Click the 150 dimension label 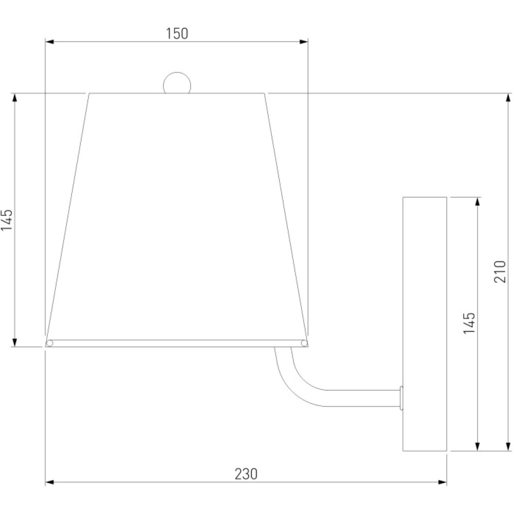coord(177,34)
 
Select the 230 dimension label coord(246,474)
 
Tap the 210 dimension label coord(500,272)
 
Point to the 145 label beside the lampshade coord(7,219)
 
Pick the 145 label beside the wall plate coord(469,323)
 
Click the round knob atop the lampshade coord(177,83)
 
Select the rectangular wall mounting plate coord(425,324)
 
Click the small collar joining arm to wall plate coord(401,398)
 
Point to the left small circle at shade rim coord(50,343)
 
